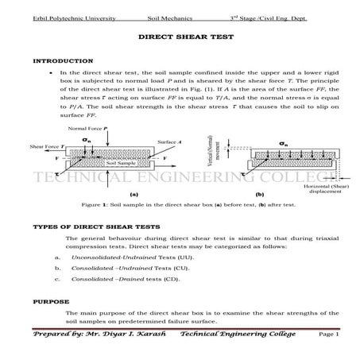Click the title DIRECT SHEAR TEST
[179, 37]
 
